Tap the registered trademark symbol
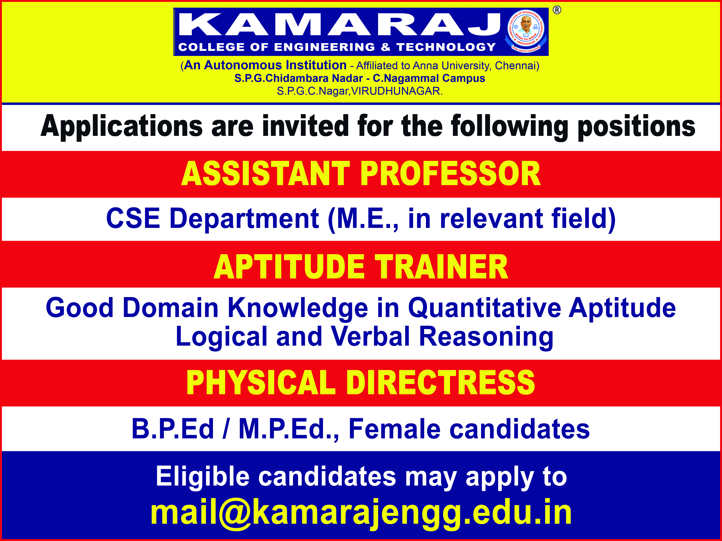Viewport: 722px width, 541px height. (x=557, y=10)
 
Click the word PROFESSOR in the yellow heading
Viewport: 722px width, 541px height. (x=450, y=174)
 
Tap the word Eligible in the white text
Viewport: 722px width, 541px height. (x=203, y=476)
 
